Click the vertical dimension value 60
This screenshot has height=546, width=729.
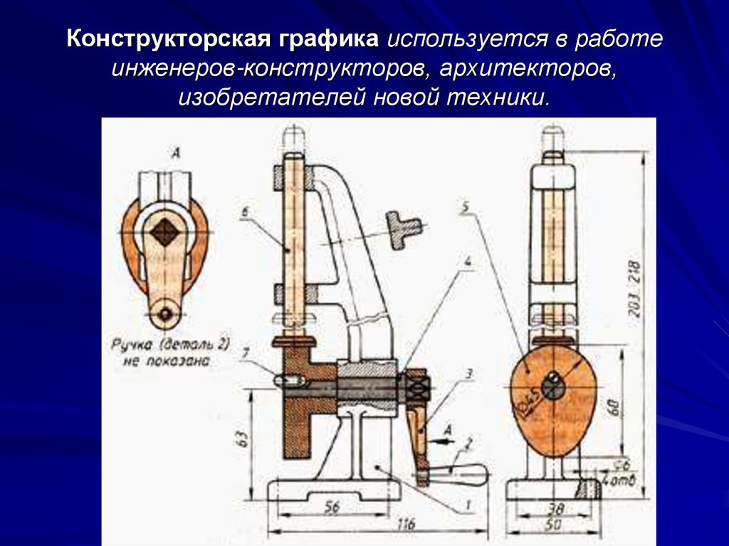[614, 406]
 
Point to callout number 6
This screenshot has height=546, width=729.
[244, 211]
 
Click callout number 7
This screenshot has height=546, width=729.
[246, 351]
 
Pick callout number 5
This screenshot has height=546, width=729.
[464, 208]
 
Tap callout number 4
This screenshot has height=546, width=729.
[468, 261]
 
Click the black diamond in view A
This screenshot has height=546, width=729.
[166, 233]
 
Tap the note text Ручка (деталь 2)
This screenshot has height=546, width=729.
[169, 345]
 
